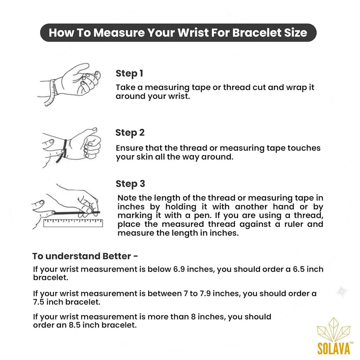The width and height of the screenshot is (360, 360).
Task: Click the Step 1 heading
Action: [129, 73]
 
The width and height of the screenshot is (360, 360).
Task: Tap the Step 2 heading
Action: [130, 133]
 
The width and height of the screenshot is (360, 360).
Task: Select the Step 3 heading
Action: [130, 184]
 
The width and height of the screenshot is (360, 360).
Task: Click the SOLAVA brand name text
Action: [333, 348]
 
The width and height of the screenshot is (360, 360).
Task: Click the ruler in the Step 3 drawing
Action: [73, 223]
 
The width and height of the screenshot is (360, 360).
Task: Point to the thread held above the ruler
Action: [76, 213]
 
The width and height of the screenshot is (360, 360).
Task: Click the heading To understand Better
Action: [85, 256]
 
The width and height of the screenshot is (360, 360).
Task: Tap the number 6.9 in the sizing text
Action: [179, 269]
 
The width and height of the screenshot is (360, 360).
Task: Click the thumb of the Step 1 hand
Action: [79, 69]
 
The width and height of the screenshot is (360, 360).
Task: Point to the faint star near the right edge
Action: [342, 292]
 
